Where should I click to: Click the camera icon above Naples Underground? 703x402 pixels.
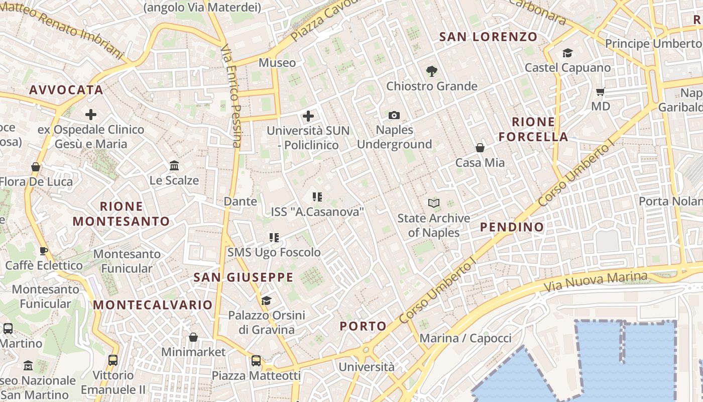coord(394,116)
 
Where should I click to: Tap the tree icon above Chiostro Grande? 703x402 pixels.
coord(431,71)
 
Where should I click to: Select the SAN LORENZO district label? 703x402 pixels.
coord(488,37)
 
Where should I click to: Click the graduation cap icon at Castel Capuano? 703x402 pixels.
coord(567,53)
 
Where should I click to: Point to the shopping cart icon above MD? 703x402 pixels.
coord(600,92)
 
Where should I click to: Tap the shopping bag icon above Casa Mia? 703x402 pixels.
coord(480,148)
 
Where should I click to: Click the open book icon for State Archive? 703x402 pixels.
coord(434,204)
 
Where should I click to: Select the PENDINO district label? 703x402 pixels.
coord(512,227)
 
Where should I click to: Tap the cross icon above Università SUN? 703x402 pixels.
coord(308,117)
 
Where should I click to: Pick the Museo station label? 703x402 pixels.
coord(277,63)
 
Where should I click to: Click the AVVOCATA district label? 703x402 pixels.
coord(66,90)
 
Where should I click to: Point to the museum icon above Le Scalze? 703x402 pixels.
coord(174,165)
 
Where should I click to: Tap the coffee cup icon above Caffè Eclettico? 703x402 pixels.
coord(44,251)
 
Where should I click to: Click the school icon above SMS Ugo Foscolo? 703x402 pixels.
coord(274,238)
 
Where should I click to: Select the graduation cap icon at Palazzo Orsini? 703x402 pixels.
coord(266,300)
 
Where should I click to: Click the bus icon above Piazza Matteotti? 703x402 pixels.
coord(256,360)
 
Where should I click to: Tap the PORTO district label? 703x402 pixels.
coord(363,326)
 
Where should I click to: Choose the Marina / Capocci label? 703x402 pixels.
coord(465,338)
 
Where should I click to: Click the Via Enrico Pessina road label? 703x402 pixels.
coord(231,95)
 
